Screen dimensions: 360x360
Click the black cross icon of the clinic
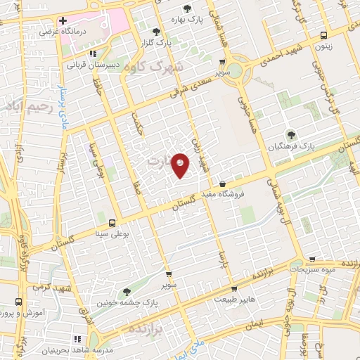(63, 20)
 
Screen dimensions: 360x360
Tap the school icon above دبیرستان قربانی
(93, 53)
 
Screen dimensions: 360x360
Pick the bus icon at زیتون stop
(323, 35)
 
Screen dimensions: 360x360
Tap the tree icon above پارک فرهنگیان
(290, 135)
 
